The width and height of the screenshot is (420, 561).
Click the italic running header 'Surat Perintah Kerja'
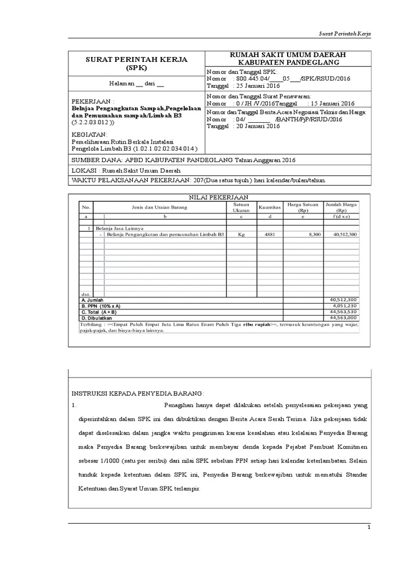[x=345, y=34]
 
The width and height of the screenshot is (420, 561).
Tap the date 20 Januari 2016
[x=256, y=126]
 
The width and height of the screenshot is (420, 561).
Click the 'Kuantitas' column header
[x=270, y=208]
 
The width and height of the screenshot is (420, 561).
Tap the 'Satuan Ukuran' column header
[x=241, y=208]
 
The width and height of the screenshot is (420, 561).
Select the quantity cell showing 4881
[x=270, y=234]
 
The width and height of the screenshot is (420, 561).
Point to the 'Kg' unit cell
[x=241, y=234]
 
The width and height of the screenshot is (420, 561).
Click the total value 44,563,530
[x=343, y=312]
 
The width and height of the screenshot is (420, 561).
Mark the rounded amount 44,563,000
[x=343, y=317]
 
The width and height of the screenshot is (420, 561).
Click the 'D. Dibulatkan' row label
[x=97, y=317]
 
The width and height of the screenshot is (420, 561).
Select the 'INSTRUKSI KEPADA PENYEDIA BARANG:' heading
[x=138, y=393]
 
